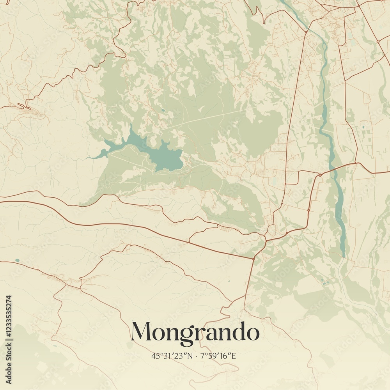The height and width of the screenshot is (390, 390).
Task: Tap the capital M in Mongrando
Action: coord(142,332)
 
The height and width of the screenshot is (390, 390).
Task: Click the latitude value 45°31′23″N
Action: coord(172,356)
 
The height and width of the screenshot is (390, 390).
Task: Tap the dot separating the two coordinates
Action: coord(196,356)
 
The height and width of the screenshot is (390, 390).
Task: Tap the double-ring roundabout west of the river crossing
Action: coord(320,174)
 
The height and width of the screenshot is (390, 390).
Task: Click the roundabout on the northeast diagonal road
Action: coord(378,41)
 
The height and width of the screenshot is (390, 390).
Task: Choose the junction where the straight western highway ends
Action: coord(253,258)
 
